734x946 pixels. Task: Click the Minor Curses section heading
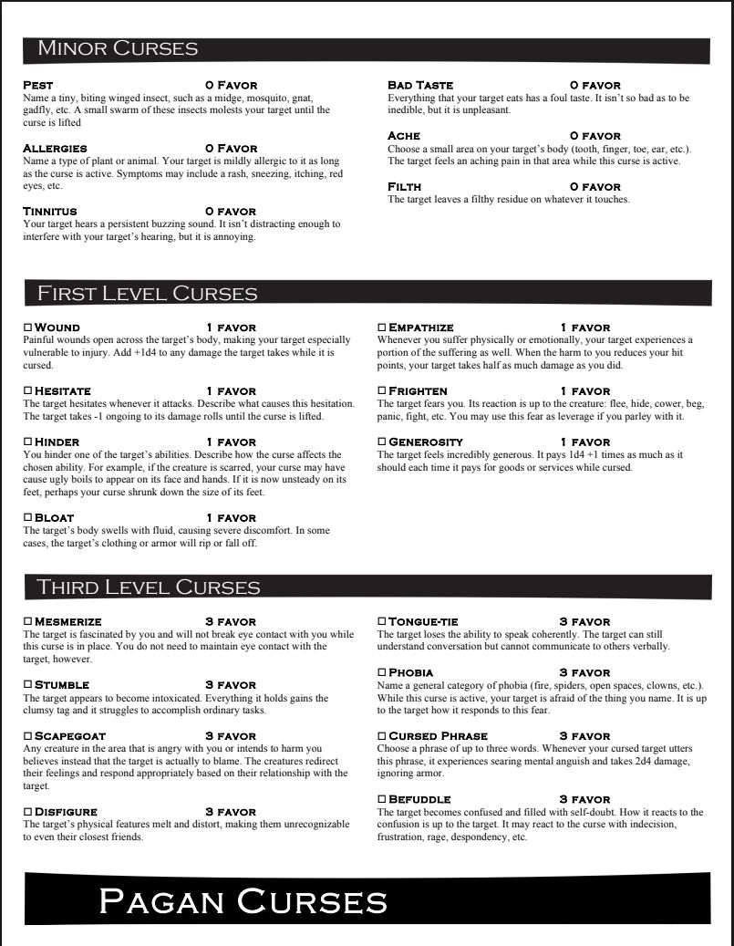(x=118, y=49)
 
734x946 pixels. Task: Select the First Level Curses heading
(x=147, y=294)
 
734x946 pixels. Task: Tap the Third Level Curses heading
(x=148, y=587)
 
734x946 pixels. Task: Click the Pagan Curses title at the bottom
(x=243, y=901)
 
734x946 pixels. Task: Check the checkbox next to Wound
(x=27, y=327)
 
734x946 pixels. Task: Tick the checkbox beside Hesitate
(x=27, y=390)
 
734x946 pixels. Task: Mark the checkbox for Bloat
(x=27, y=517)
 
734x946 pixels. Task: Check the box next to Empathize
(x=382, y=327)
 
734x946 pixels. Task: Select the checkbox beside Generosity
(x=382, y=442)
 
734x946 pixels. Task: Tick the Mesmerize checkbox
(x=27, y=621)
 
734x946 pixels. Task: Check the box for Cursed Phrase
(x=382, y=735)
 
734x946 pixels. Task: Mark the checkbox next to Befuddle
(x=382, y=799)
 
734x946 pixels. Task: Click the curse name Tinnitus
(x=50, y=212)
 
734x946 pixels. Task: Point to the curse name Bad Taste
(x=420, y=85)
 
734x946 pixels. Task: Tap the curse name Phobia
(x=411, y=672)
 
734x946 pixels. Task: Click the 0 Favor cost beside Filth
(x=595, y=187)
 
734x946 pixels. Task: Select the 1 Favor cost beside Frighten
(x=585, y=390)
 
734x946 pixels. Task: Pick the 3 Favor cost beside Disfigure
(x=231, y=811)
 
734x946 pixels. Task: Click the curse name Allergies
(x=55, y=148)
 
